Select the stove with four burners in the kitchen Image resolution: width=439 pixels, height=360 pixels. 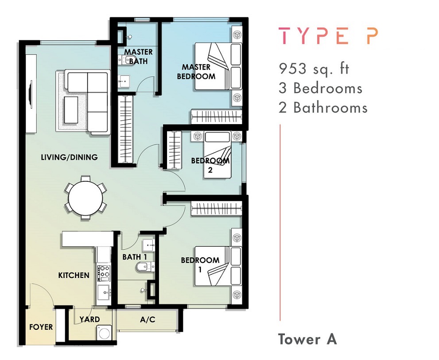pyautogui.click(x=104, y=273)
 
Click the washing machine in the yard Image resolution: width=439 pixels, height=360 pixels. pyautogui.click(x=105, y=333)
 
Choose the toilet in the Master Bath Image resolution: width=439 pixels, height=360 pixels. pyautogui.click(x=128, y=60)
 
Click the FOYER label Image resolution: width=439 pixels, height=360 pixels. pyautogui.click(x=41, y=327)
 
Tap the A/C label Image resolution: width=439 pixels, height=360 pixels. pyautogui.click(x=148, y=319)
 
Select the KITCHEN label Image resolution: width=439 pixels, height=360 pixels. pyautogui.click(x=74, y=275)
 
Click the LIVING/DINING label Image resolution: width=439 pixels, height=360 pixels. pyautogui.click(x=70, y=157)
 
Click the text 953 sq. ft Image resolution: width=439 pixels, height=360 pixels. pyautogui.click(x=314, y=69)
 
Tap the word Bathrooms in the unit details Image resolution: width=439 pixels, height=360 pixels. pyautogui.click(x=330, y=108)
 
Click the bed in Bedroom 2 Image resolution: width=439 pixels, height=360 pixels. pyautogui.click(x=217, y=155)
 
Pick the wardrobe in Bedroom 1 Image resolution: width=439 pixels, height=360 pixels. pyautogui.click(x=217, y=209)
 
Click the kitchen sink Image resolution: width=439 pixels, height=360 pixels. pyautogui.click(x=104, y=293)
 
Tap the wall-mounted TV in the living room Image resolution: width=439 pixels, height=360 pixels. pyautogui.click(x=31, y=94)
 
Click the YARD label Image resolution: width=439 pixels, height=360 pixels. pyautogui.click(x=89, y=319)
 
